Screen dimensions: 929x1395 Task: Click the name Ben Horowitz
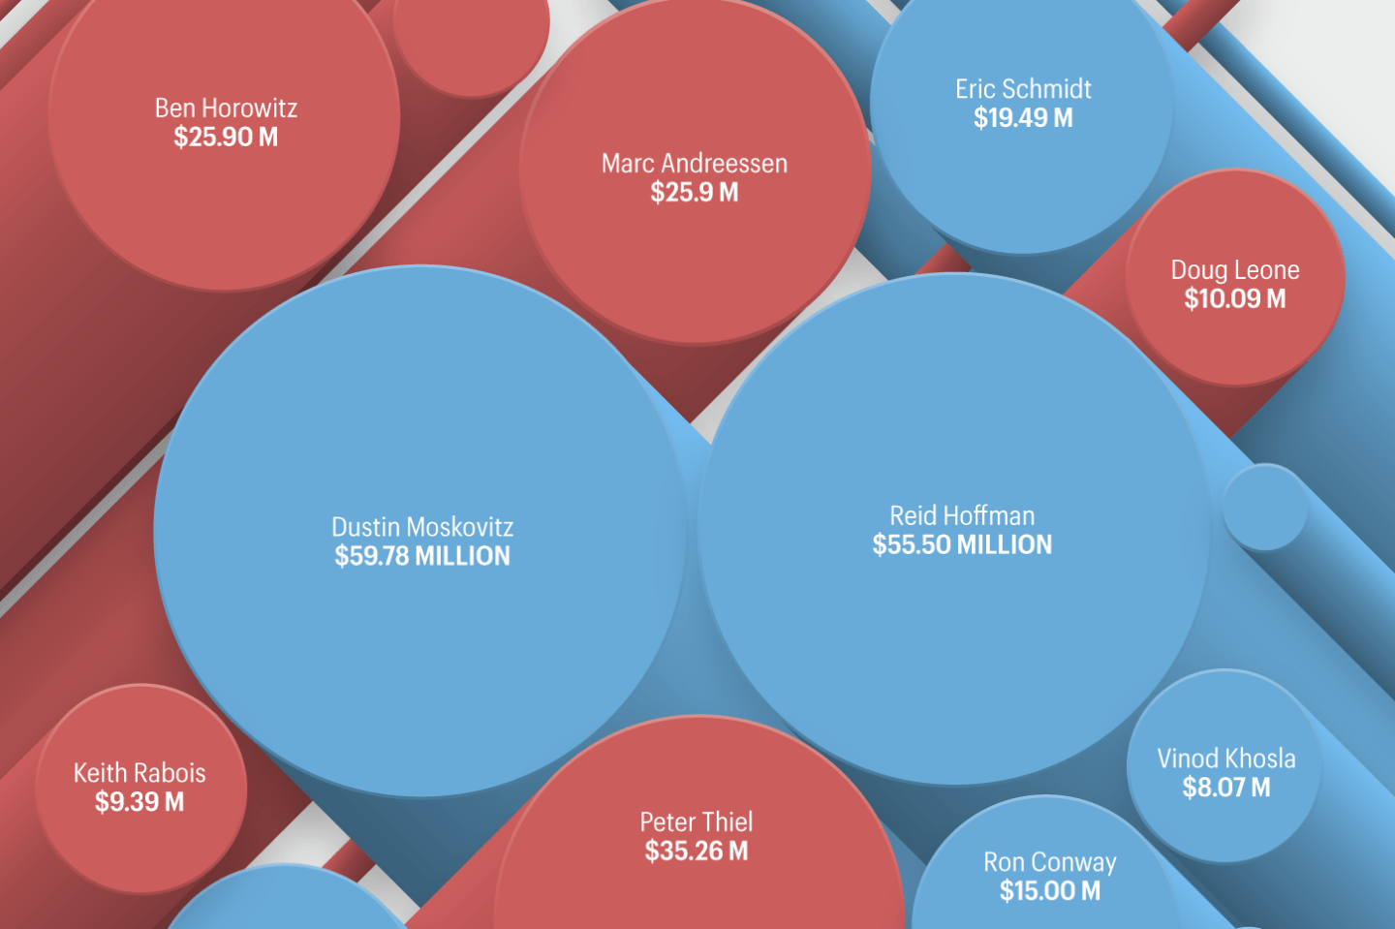coord(226,108)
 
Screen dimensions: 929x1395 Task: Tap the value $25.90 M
coord(226,138)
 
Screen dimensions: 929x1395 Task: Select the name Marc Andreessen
coord(695,163)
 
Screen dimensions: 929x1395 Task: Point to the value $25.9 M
coord(695,193)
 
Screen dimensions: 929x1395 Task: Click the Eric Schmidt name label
coord(1023,89)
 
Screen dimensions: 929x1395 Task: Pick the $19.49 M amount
coord(1023,118)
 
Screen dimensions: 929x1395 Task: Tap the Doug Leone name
coord(1235,269)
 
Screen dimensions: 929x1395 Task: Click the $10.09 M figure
coord(1235,299)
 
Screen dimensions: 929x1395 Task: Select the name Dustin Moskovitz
coord(422,527)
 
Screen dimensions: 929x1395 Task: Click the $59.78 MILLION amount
coord(422,556)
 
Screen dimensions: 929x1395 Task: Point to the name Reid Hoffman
coord(962,515)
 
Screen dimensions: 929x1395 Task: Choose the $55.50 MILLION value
coord(962,544)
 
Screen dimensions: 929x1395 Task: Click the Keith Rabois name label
coord(139,773)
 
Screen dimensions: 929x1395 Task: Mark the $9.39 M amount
coord(139,802)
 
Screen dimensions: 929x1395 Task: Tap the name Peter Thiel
coord(697,822)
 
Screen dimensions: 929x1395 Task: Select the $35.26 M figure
coord(697,852)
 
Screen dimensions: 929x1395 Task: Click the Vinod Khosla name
coord(1226,759)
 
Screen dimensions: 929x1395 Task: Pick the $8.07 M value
coord(1226,788)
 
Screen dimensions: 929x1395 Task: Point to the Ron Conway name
coord(1050,862)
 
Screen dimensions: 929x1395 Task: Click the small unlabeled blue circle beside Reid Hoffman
coord(1265,507)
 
